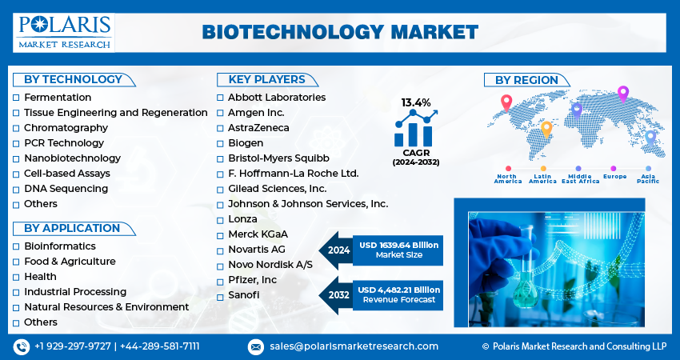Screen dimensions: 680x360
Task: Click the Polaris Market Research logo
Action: tap(64, 33)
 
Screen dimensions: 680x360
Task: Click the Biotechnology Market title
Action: tap(340, 33)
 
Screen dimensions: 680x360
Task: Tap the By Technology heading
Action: tap(73, 79)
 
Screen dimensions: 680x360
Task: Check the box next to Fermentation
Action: tap(16, 98)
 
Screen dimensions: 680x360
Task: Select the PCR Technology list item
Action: tap(64, 143)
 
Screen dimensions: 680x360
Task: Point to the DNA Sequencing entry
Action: tap(66, 189)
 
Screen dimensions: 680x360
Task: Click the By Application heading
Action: tap(72, 228)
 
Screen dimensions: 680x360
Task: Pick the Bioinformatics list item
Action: tap(60, 246)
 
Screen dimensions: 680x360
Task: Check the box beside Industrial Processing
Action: tap(16, 292)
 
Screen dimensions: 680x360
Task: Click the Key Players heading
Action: tap(266, 79)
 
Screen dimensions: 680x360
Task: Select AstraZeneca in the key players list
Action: tap(258, 128)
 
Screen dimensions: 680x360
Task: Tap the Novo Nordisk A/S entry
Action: tap(270, 265)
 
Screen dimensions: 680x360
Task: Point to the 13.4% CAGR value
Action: tap(416, 102)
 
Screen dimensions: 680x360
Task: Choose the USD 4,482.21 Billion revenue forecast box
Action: tap(398, 294)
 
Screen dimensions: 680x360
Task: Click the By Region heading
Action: tap(526, 80)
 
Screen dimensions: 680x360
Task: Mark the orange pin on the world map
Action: tap(546, 130)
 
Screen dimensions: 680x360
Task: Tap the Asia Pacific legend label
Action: tap(648, 178)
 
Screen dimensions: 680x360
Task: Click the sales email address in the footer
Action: tap(354, 346)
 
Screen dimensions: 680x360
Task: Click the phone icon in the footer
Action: tap(22, 346)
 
